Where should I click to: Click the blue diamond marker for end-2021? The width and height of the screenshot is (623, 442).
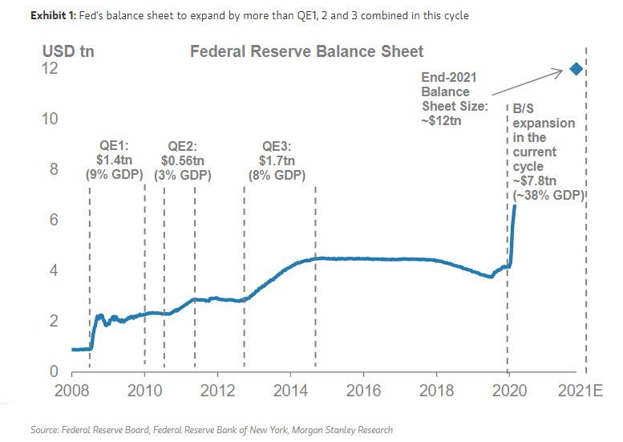pyautogui.click(x=575, y=69)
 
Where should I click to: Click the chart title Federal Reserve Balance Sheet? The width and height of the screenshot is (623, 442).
pyautogui.click(x=305, y=52)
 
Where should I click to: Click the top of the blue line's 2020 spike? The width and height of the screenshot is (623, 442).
pyautogui.click(x=514, y=206)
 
